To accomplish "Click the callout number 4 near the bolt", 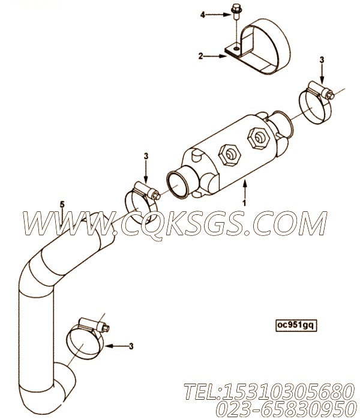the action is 203,15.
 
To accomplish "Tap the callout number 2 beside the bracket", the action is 200,56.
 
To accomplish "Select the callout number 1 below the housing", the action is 244,203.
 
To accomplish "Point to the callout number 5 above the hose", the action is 62,205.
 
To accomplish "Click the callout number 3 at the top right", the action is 322,60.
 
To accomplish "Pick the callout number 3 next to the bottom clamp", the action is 131,346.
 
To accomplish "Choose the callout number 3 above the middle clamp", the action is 146,156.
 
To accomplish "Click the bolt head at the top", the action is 236,7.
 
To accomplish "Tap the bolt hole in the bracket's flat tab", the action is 236,49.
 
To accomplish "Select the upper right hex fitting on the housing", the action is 259,138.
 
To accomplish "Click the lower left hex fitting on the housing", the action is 230,154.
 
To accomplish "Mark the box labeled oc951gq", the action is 296,325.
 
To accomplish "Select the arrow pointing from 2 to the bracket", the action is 215,56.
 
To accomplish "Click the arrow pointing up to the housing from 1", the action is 245,190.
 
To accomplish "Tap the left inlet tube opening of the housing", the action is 177,185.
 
